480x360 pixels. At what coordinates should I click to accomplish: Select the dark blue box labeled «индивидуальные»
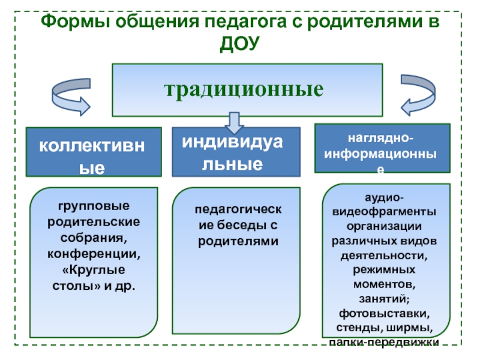coord(236,152)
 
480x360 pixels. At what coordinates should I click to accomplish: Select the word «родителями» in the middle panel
coord(236,241)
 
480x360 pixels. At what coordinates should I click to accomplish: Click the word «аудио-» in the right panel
coord(385,198)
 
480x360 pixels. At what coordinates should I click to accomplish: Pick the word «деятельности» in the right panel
coord(384,256)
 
